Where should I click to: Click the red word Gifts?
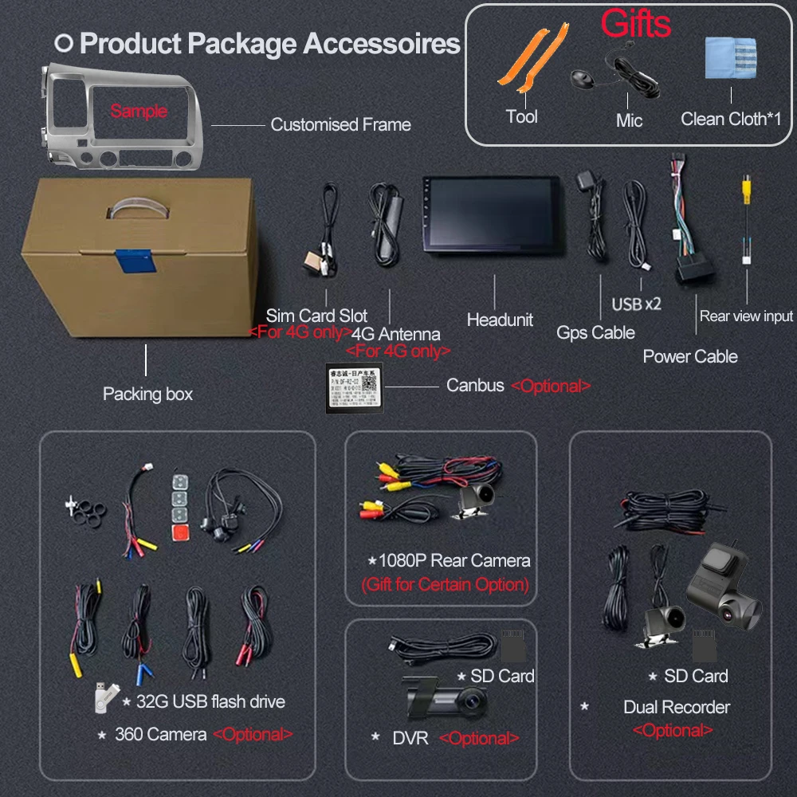[x=635, y=24]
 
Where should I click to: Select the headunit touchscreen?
[x=490, y=213]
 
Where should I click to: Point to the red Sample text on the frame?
[x=139, y=111]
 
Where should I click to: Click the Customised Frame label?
[x=340, y=124]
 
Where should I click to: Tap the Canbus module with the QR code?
[x=355, y=388]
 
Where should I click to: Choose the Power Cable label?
[x=690, y=356]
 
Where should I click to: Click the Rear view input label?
[x=746, y=316]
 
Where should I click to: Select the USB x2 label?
[x=636, y=304]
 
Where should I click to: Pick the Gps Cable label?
[x=595, y=332]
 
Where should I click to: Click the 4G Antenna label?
[x=395, y=334]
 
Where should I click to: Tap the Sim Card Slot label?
[x=316, y=316]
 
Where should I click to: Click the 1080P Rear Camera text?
[x=450, y=560]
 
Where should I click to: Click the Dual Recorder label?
[x=677, y=707]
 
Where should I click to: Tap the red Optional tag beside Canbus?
[x=551, y=386]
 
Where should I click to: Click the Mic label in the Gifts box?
[x=629, y=120]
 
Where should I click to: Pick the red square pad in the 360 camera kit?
[x=181, y=531]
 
